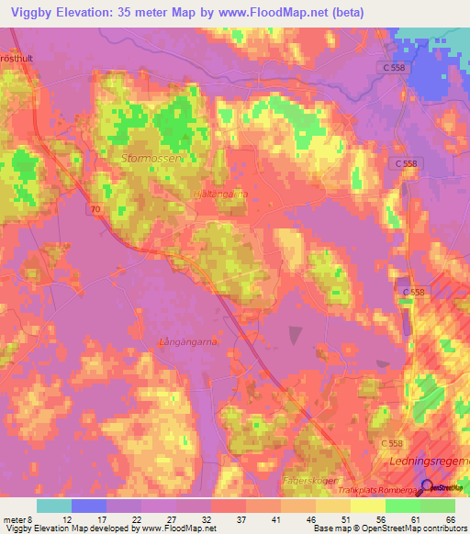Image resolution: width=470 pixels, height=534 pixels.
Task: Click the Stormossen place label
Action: pyautogui.click(x=153, y=158)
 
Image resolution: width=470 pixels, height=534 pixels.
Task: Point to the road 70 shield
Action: pyautogui.click(x=95, y=210)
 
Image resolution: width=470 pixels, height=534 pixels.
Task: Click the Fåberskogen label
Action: pyautogui.click(x=310, y=481)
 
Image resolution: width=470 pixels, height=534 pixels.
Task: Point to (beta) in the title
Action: pyautogui.click(x=348, y=12)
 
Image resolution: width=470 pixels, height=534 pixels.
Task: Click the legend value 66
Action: pyautogui.click(x=449, y=518)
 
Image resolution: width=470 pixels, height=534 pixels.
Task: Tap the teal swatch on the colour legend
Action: pyautogui.click(x=54, y=506)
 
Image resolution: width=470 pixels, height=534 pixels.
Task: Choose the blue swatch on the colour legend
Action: pyautogui.click(x=89, y=506)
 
